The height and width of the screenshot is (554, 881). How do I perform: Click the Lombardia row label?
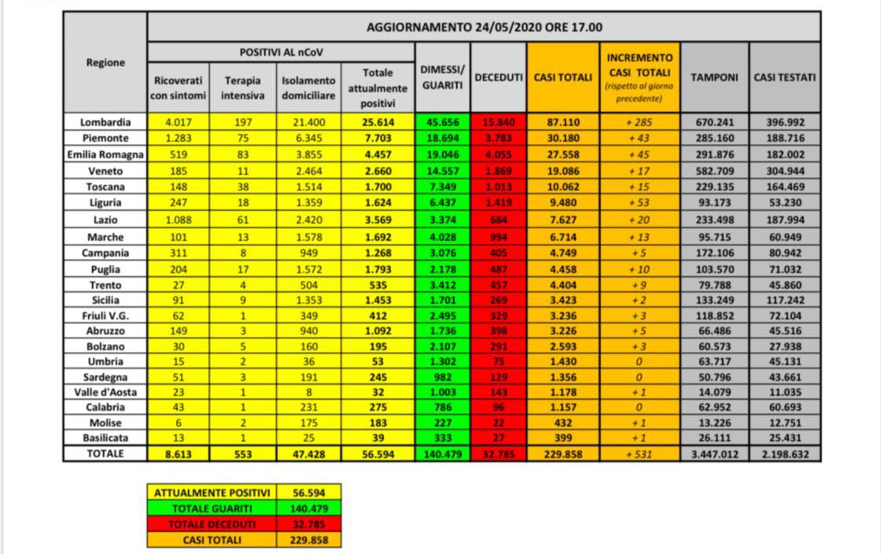pyautogui.click(x=105, y=122)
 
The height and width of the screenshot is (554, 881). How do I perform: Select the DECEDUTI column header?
pyautogui.click(x=499, y=77)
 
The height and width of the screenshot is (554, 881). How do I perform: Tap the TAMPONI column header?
pyautogui.click(x=714, y=77)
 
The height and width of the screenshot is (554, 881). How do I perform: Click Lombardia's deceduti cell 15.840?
pyautogui.click(x=499, y=122)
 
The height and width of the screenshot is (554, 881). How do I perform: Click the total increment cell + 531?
pyautogui.click(x=640, y=454)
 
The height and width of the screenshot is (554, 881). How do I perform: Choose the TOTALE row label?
pyautogui.click(x=105, y=454)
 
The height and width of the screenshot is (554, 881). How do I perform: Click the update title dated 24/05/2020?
pyautogui.click(x=485, y=27)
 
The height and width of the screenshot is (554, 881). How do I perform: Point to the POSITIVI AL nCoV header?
pyautogui.click(x=281, y=52)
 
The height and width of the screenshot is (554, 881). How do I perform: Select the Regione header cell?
pyautogui.click(x=105, y=63)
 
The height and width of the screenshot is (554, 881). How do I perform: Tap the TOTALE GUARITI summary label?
pyautogui.click(x=212, y=508)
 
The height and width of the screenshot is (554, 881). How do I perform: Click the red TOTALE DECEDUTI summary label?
pyautogui.click(x=212, y=524)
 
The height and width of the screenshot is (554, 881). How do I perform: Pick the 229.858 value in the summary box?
pyautogui.click(x=308, y=540)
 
